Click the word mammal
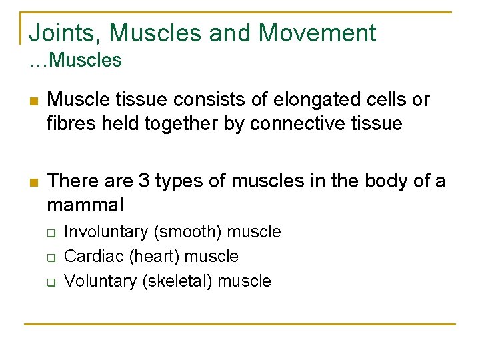85,203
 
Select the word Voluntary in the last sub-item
100,281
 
